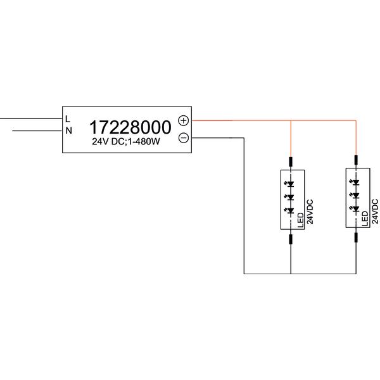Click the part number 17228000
pos(130,127)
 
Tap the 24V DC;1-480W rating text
pos(126,141)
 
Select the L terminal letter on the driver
pos(68,119)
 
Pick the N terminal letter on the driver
pos(69,131)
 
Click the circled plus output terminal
pos(184,120)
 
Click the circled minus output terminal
pos(184,138)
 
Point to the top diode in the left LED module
pos(290,184)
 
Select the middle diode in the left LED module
pos(290,197)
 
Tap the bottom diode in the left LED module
pos(290,211)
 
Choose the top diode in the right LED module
pos(355,182)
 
